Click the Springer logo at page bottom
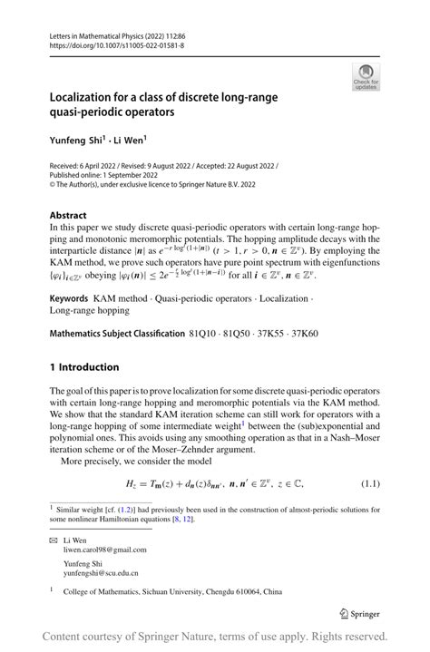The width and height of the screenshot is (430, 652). click(358, 614)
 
